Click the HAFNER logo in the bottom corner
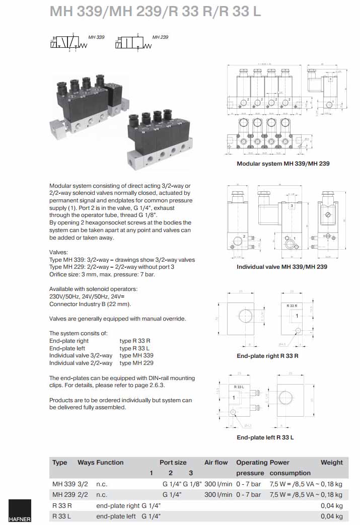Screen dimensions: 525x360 (x=20, y=511)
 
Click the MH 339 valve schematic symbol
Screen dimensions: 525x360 (x=68, y=43)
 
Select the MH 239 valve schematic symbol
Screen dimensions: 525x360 (x=133, y=43)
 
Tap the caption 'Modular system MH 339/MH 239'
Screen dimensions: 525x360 (x=283, y=164)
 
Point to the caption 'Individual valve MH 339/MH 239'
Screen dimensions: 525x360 (x=282, y=267)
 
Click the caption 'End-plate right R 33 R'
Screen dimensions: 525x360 (x=267, y=356)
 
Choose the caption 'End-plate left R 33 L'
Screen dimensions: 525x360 (x=265, y=437)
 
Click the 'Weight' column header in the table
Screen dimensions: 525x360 (x=331, y=462)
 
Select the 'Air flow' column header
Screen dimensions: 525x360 (x=216, y=462)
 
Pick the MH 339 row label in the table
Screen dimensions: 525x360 (x=63, y=484)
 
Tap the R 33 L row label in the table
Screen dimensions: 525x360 (x=62, y=516)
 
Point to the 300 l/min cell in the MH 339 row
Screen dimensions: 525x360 (x=218, y=484)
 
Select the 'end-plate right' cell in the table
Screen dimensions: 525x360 (x=118, y=505)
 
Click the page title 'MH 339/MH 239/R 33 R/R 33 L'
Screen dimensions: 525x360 (x=155, y=12)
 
